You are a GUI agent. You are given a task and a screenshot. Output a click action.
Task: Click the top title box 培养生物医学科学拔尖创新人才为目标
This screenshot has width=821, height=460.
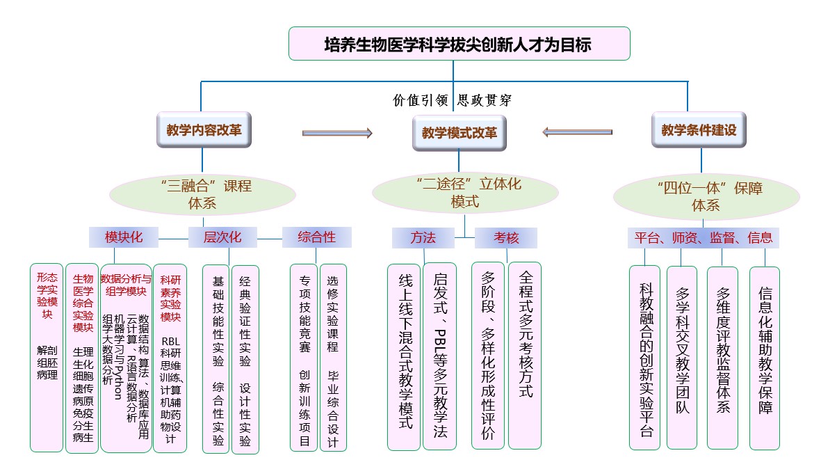[459, 45]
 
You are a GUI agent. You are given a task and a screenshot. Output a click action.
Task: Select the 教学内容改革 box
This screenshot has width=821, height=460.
[204, 130]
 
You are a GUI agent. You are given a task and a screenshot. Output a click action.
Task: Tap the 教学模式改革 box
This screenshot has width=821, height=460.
[460, 133]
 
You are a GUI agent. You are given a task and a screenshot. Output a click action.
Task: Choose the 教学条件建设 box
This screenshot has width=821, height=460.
[699, 130]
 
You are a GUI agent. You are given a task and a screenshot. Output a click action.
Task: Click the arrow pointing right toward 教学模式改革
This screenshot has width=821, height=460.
[338, 133]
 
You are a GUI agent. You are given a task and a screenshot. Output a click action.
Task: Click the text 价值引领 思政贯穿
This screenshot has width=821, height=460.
[453, 100]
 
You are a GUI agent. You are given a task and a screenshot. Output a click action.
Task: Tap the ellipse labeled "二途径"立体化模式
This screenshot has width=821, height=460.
[465, 193]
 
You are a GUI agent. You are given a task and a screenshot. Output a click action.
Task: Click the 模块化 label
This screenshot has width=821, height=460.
[124, 237]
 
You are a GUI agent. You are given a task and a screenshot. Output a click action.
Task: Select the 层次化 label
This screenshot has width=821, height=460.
[222, 237]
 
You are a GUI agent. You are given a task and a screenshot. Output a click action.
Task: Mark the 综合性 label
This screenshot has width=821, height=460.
[316, 237]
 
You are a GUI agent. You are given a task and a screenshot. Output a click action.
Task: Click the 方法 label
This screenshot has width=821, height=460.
[423, 238]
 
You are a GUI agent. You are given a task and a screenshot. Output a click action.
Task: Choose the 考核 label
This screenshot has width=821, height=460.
[506, 238]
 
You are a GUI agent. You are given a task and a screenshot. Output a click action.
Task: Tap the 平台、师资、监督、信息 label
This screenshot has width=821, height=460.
[703, 238]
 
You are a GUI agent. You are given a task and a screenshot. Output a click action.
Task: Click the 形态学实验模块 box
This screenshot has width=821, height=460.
[47, 357]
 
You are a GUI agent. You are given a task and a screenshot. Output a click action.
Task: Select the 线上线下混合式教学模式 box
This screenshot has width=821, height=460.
[405, 356]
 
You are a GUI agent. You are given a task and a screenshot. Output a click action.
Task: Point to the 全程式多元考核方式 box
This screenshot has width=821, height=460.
[525, 355]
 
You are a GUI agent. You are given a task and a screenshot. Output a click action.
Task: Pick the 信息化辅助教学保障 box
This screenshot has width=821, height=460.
[765, 358]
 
